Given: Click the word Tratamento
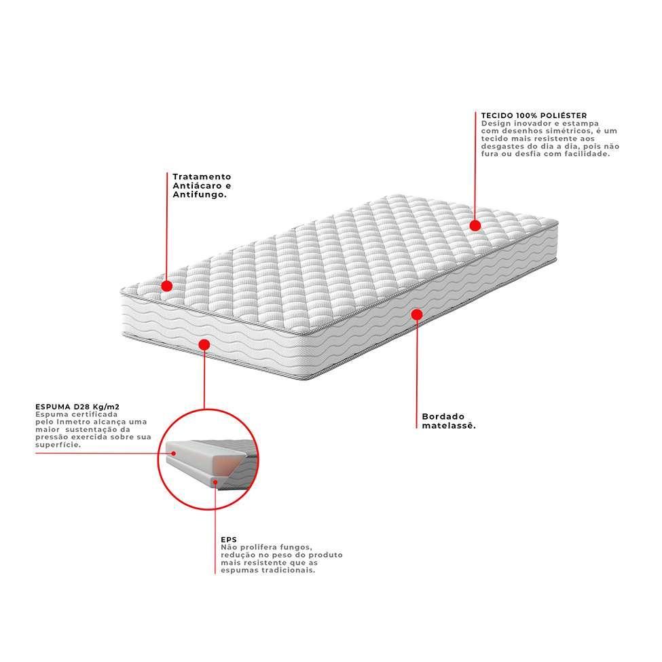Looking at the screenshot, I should coord(202,176).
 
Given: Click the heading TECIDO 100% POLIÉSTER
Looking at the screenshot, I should coord(534,115).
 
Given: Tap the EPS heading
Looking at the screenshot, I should coord(228,540).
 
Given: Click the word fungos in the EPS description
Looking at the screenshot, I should coord(297,547).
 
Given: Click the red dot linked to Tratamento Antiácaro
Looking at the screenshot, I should coord(167,286).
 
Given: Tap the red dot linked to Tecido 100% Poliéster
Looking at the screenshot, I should coord(475,225).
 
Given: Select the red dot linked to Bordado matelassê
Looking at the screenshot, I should coord(417,314).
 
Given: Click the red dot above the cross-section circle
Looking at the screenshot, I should coord(203,345).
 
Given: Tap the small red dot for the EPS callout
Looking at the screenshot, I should coord(215,483).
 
